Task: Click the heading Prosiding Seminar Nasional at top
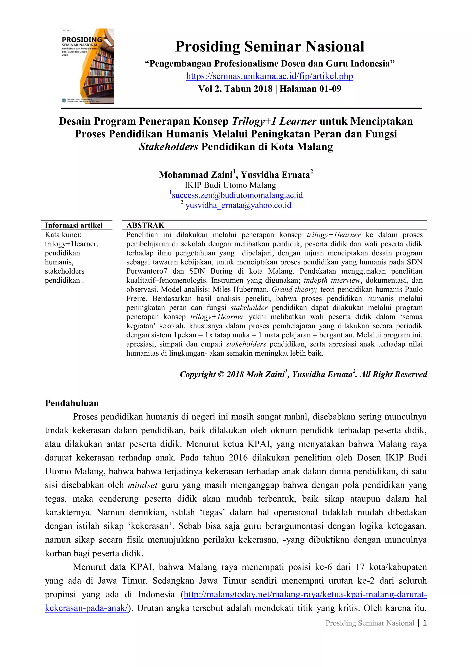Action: [269, 47]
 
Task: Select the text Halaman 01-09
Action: [310, 89]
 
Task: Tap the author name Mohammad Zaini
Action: [196, 175]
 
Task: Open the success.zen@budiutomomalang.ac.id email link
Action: [237, 195]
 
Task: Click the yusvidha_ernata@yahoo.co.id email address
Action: [238, 205]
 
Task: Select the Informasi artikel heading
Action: [74, 225]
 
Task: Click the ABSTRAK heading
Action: [145, 225]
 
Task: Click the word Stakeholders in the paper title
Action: [168, 147]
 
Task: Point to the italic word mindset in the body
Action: [142, 485]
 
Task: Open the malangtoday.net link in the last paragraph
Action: [305, 594]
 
